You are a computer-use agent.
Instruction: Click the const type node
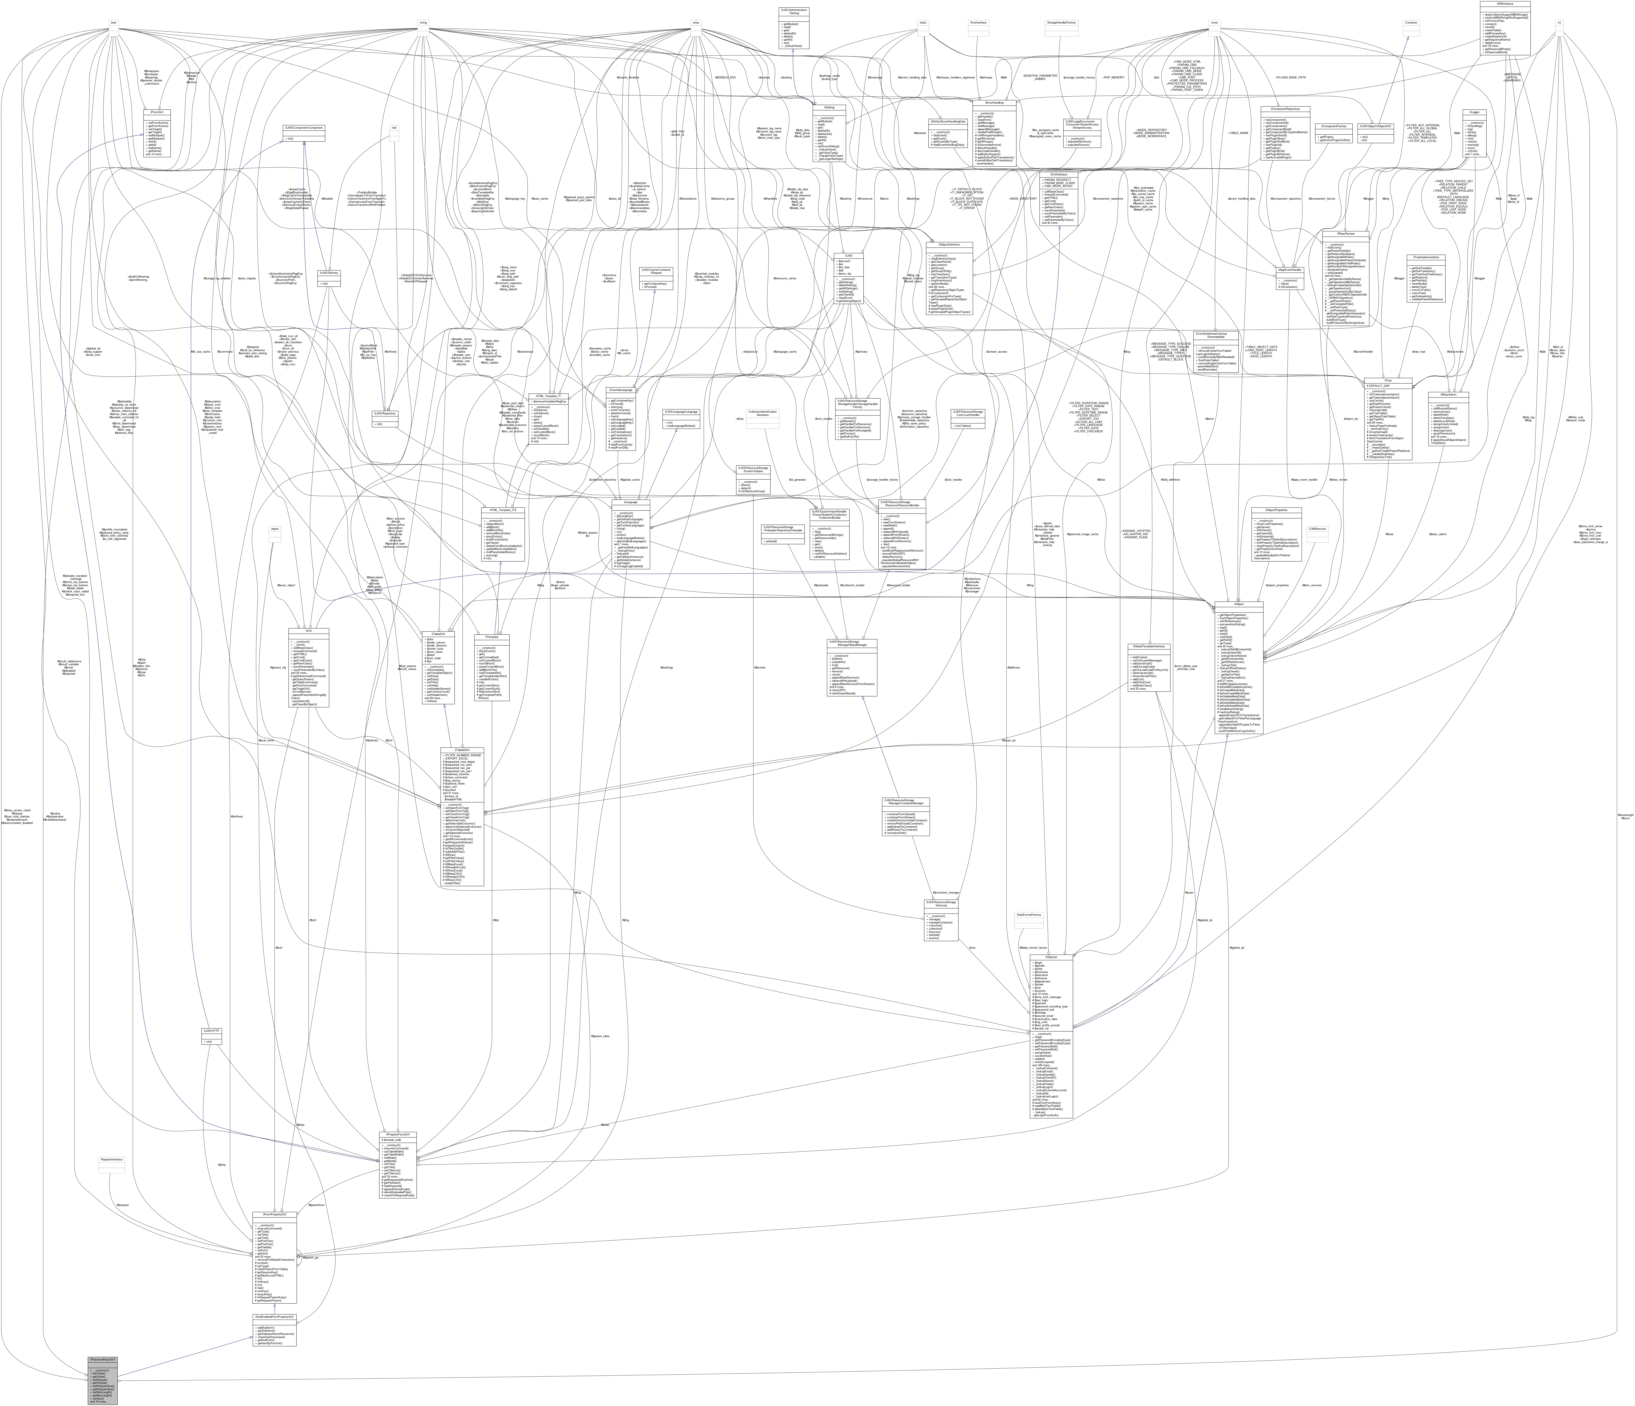pos(1215,23)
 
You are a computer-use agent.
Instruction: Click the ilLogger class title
pos(1474,112)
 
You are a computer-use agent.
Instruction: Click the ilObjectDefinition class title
pos(949,245)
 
